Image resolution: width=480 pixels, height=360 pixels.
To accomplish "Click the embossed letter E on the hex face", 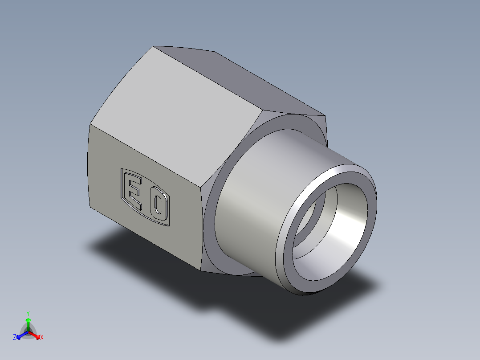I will pyautogui.click(x=135, y=192).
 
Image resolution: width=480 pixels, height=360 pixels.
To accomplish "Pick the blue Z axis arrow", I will pyautogui.click(x=20, y=335).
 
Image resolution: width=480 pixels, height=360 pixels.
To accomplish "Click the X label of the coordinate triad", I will pyautogui.click(x=42, y=338).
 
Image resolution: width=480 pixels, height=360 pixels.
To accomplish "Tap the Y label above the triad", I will pyautogui.click(x=28, y=313).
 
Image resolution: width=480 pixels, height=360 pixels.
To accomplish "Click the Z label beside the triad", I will pyautogui.click(x=15, y=338).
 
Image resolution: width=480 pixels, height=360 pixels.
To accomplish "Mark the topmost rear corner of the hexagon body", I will pyautogui.click(x=154, y=46).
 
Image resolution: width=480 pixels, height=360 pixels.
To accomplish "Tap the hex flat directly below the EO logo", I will pyautogui.click(x=147, y=241).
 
